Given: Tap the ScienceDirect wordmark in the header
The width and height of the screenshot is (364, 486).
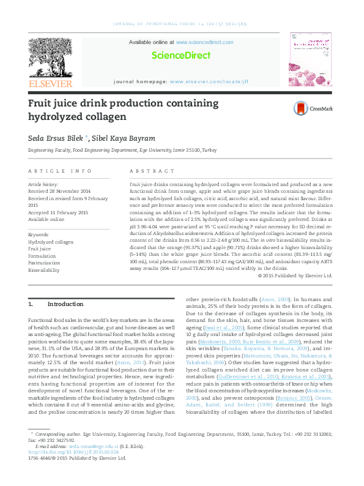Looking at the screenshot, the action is (x=181, y=56).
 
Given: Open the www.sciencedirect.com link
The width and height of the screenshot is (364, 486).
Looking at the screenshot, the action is (x=204, y=42).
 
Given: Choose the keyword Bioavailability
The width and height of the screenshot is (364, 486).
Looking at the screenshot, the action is (x=45, y=269).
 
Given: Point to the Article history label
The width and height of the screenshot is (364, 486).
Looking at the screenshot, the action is (x=43, y=184).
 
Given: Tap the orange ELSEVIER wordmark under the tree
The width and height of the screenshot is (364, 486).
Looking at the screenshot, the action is (x=50, y=83).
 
